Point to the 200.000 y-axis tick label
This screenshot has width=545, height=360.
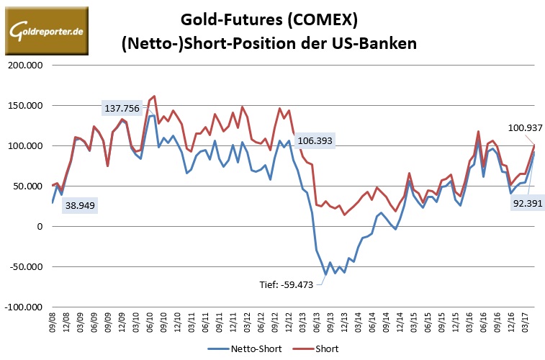point(25,65)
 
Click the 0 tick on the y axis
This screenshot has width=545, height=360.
point(40,226)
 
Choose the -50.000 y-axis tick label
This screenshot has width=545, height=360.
point(24,266)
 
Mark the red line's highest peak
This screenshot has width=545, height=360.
point(154,96)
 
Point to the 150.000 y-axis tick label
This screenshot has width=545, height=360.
point(25,105)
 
